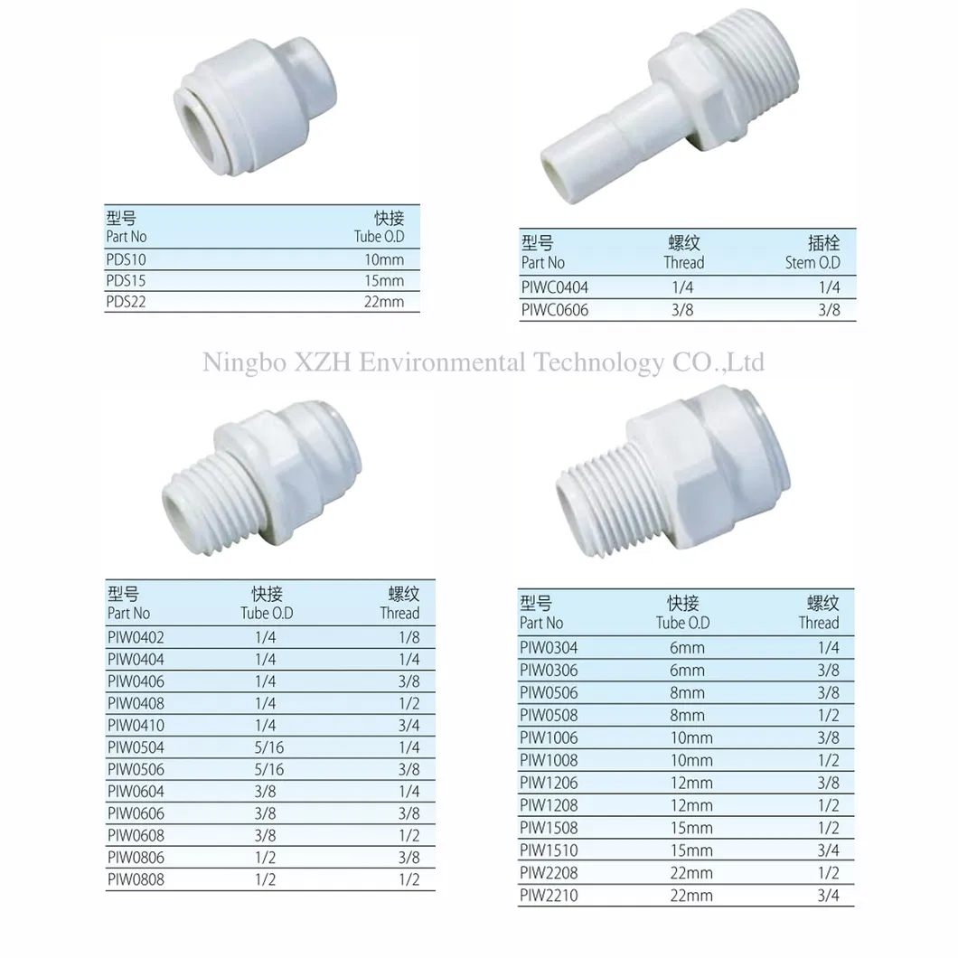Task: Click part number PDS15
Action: pos(126,281)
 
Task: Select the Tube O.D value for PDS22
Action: pos(385,303)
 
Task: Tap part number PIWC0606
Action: pos(554,310)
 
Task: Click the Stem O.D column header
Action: pos(812,263)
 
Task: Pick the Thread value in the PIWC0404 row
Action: pos(683,288)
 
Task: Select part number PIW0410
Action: pos(136,726)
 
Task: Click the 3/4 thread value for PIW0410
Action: pos(409,726)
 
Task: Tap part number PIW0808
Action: pos(136,879)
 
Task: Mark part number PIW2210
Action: pos(549,897)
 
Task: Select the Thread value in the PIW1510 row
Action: pos(829,851)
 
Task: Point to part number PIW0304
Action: pos(549,648)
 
